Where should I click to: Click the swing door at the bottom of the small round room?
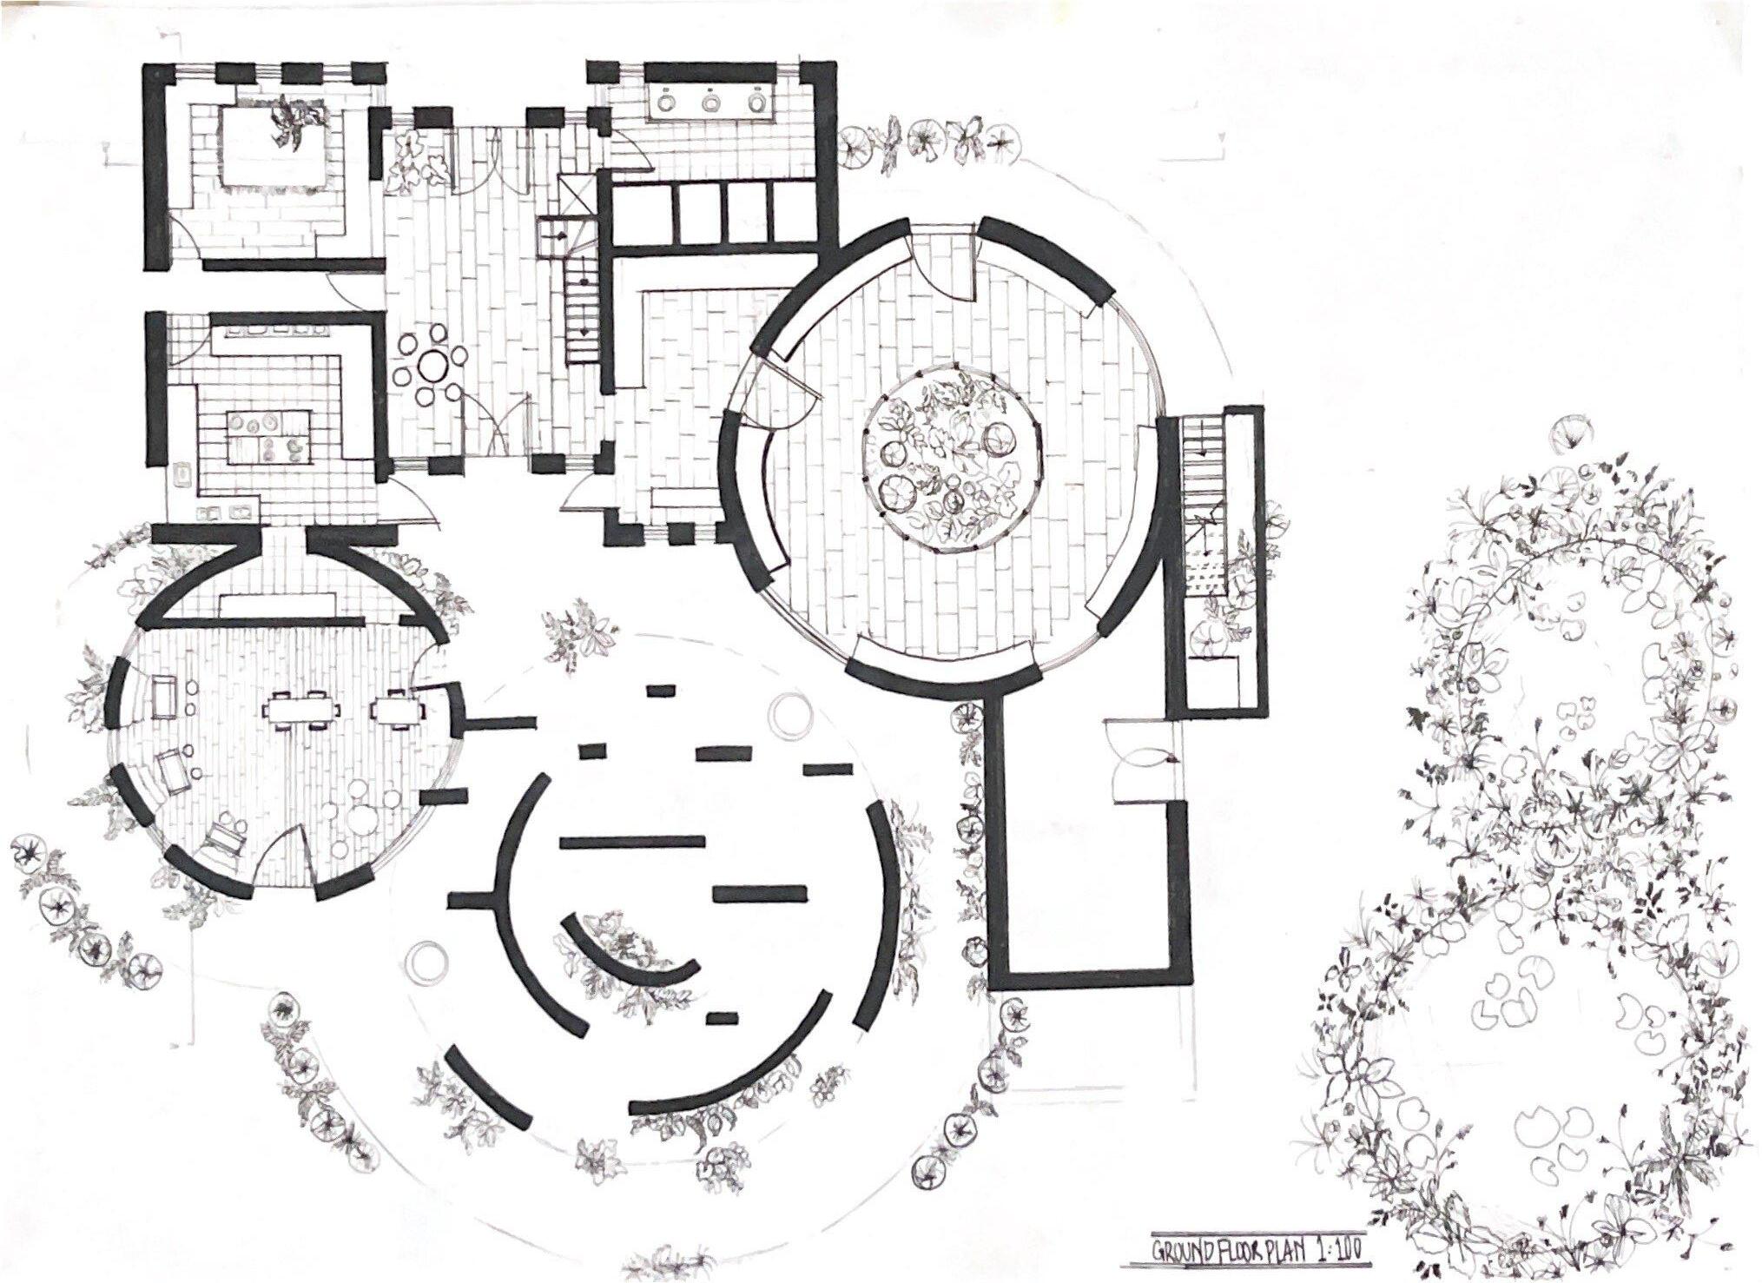[x=287, y=847]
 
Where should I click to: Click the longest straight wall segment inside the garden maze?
[x=632, y=841]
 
